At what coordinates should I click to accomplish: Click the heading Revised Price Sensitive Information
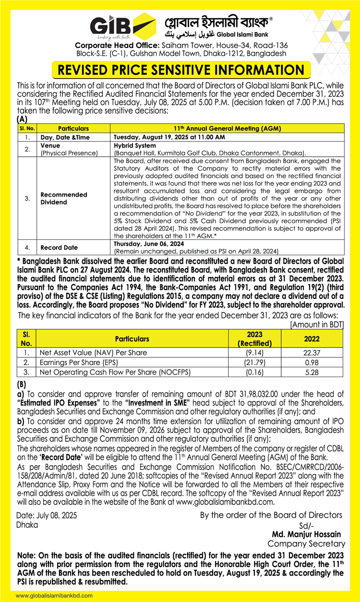[180, 70]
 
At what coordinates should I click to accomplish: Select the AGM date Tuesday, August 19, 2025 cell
[169, 137]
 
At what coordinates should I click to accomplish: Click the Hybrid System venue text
[135, 145]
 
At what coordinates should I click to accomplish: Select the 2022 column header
[312, 339]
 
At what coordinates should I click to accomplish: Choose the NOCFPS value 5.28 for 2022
[312, 372]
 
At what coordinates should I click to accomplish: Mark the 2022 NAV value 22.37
[312, 353]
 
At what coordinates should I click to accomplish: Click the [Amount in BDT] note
[317, 325]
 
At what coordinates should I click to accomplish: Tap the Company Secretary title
[306, 543]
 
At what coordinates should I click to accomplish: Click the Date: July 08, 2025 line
[47, 515]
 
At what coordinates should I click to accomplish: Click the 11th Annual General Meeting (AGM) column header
[227, 129]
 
